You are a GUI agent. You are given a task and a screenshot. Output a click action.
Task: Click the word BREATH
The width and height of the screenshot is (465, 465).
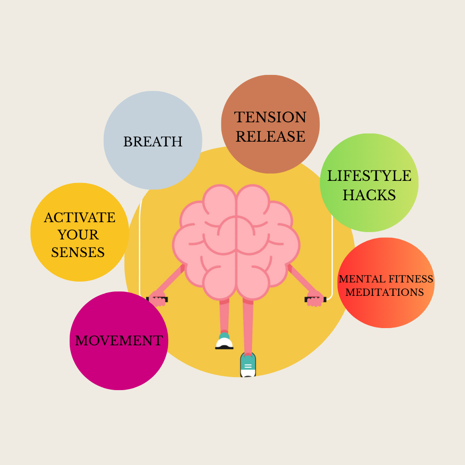click(153, 142)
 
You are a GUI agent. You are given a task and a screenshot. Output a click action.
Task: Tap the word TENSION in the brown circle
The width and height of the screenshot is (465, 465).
click(270, 118)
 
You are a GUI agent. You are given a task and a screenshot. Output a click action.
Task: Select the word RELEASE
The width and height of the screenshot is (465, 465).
click(270, 136)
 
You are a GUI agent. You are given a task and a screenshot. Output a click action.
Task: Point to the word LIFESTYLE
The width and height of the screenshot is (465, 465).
click(369, 176)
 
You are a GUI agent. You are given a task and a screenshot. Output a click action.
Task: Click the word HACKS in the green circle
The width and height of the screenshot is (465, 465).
click(369, 195)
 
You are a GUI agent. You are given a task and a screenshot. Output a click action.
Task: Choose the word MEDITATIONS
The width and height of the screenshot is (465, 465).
click(384, 292)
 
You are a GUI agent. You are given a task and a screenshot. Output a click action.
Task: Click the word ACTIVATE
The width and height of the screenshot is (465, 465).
click(80, 218)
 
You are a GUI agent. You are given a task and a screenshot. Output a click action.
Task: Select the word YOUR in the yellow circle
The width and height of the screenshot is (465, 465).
click(78, 235)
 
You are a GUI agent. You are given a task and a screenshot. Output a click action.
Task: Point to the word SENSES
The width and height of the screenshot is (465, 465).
click(78, 252)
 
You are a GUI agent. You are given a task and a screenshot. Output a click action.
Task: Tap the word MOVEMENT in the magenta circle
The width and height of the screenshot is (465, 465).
click(119, 341)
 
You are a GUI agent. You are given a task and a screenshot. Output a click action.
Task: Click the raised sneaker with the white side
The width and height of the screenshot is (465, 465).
click(224, 342)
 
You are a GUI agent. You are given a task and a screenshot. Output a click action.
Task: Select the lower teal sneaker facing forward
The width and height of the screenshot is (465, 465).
click(248, 365)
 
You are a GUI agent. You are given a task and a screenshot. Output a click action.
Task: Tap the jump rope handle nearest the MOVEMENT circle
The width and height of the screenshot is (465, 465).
click(157, 299)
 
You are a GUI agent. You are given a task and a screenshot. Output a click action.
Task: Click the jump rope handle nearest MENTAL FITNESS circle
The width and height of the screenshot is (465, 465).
click(315, 299)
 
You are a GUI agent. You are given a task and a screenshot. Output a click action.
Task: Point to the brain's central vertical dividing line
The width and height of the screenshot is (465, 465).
click(236, 241)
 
